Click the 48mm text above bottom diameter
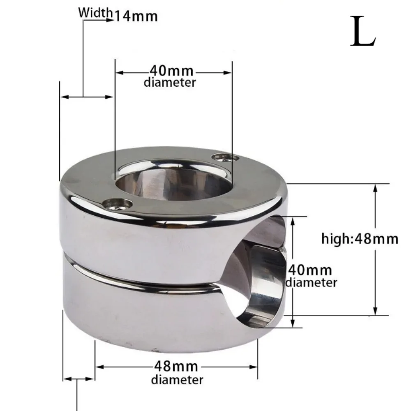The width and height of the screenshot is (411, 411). [x=175, y=366]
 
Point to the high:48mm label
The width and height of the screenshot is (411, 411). [x=360, y=239]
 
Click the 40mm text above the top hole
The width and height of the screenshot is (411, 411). [x=172, y=71]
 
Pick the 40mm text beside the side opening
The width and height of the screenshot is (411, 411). [x=310, y=270]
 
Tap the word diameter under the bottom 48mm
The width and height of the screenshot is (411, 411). [x=177, y=380]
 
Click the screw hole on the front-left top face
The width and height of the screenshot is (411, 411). [x=118, y=204]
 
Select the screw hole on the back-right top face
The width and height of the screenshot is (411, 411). [x=225, y=158]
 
